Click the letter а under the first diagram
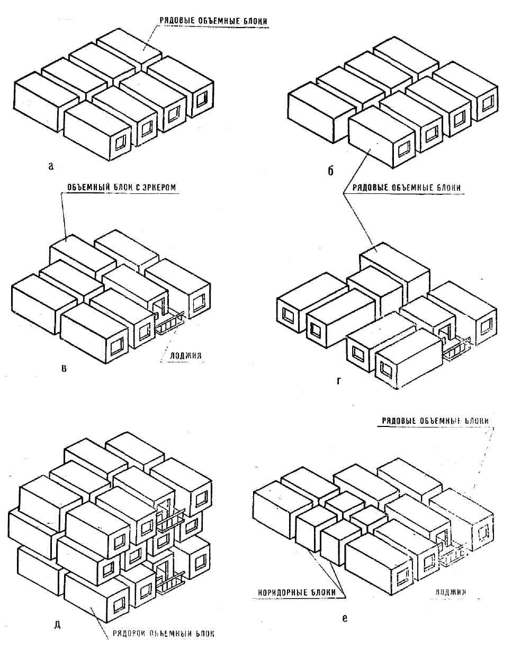click(x=51, y=166)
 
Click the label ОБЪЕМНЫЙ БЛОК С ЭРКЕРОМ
click(x=125, y=188)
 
